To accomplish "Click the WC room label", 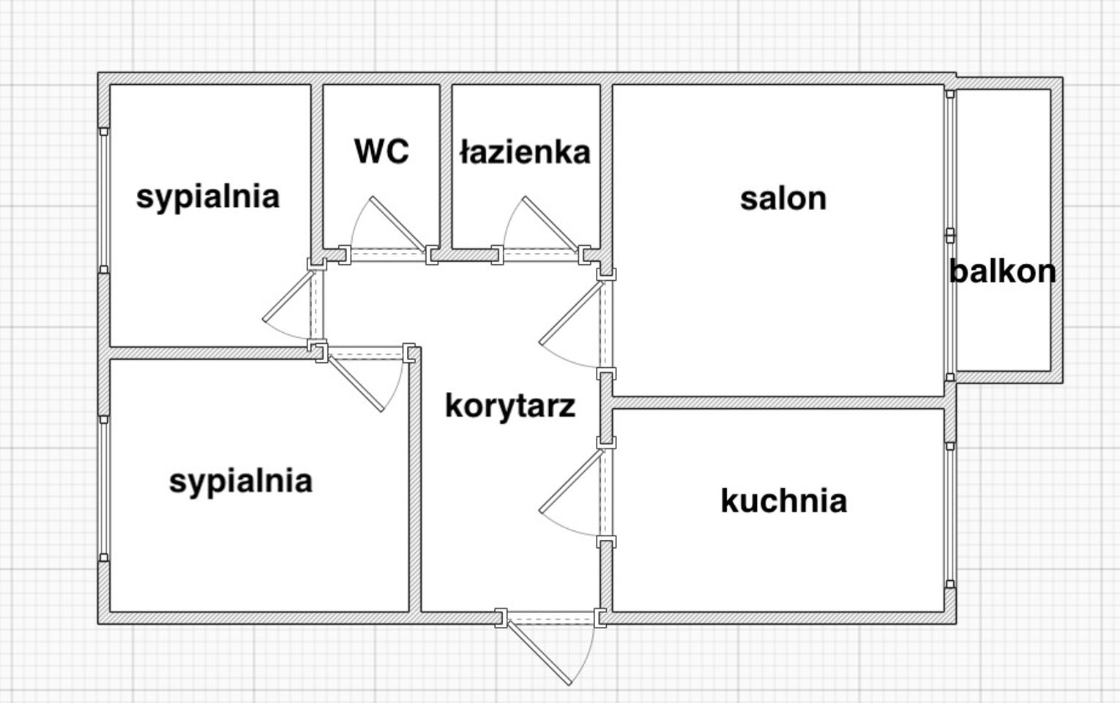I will coord(381,151).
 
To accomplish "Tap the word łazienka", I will coord(525,152).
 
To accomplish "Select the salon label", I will coord(783,199).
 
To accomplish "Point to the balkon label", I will coord(1002,271).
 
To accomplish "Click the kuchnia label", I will coord(783,501).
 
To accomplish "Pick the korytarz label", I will coord(510,405).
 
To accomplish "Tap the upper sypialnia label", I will coord(208,197).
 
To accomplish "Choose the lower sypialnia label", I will coord(240,481).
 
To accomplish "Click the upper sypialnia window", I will coord(104,200).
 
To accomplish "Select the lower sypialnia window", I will coord(104,489).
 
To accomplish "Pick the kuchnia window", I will coord(950,515).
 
